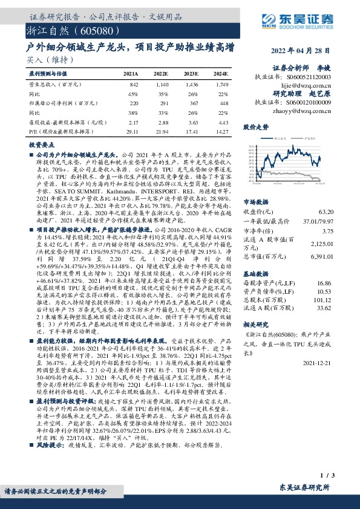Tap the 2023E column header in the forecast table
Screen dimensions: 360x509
click(x=191, y=73)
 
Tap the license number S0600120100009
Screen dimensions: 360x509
click(x=307, y=103)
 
